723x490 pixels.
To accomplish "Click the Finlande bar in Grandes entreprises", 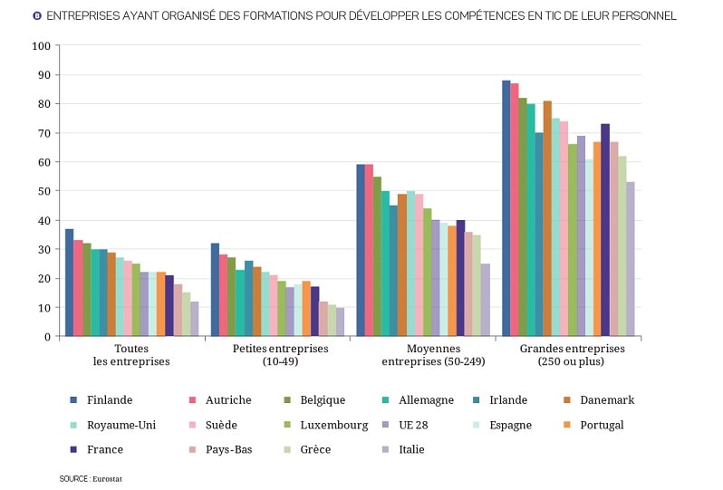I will point(506,208).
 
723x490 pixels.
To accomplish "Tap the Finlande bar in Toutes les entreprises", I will point(70,283).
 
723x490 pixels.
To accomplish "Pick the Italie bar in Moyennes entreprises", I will point(486,300).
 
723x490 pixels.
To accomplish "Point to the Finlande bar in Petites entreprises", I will point(215,290).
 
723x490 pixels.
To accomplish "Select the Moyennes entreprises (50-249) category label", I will point(421,355).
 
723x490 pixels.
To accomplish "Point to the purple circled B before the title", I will point(37,16).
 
